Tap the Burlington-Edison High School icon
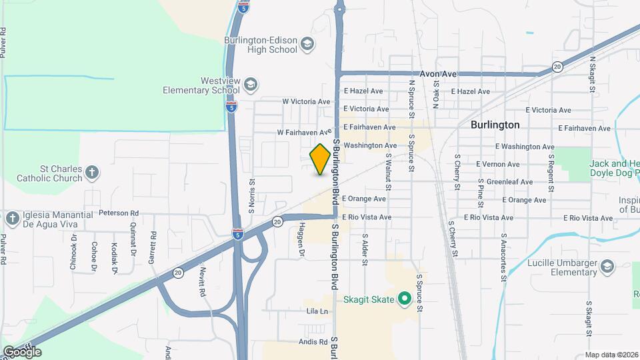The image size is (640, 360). [307, 45]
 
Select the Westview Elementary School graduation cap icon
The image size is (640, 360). [250, 85]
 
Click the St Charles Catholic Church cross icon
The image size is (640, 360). [92, 174]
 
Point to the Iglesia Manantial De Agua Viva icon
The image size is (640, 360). [12, 219]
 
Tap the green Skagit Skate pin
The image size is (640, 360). [403, 298]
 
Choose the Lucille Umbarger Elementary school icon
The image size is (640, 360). [607, 268]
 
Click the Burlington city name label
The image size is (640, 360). [495, 125]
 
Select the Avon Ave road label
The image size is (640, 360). [438, 73]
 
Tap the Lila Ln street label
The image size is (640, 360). [318, 311]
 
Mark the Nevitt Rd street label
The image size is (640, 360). [201, 282]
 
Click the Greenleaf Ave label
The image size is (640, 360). [509, 181]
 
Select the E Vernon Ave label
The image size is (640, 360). [498, 164]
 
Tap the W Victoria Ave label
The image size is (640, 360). [306, 102]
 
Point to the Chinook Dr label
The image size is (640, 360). [74, 248]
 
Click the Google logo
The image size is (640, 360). [22, 351]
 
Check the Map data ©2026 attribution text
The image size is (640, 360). [611, 355]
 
